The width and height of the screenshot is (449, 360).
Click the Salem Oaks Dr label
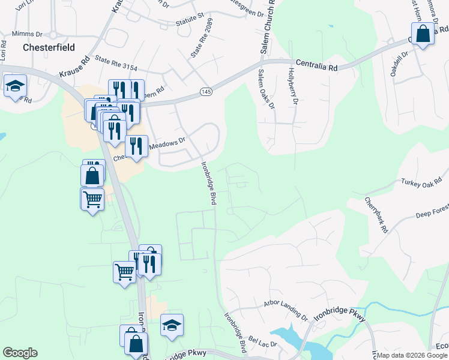coord(265,89)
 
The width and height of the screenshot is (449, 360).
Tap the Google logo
coord(20,353)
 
